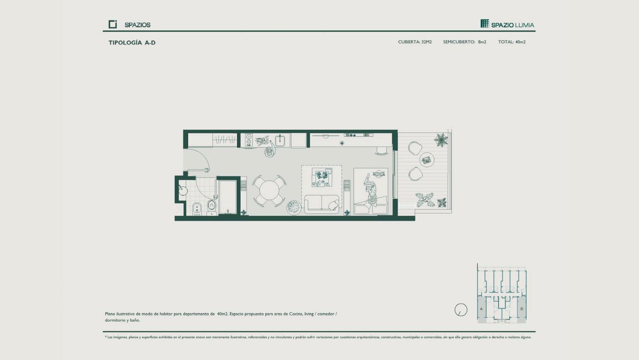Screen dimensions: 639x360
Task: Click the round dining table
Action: click(269, 190)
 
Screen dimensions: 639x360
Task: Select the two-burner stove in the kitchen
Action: click(249, 140)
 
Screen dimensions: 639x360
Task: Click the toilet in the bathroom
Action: click(211, 206)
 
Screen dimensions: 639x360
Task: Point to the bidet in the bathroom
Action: click(197, 209)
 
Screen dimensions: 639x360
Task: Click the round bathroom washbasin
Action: click(183, 191)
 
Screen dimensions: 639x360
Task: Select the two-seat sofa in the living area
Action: click(321, 204)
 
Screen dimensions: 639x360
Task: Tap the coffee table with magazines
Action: click(322, 177)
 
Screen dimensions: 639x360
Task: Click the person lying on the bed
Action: click(370, 190)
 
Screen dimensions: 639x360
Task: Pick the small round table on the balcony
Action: click(427, 160)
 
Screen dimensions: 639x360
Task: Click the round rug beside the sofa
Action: click(294, 207)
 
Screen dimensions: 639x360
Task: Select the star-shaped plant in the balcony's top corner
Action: click(441, 140)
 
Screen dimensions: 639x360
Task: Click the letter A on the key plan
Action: click(481, 309)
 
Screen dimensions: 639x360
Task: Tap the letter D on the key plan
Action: click(522, 309)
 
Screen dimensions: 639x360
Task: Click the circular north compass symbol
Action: click(461, 310)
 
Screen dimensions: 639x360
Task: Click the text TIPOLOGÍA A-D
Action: click(132, 43)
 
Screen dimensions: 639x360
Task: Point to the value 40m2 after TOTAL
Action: click(520, 42)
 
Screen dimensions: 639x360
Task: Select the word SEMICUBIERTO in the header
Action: click(459, 42)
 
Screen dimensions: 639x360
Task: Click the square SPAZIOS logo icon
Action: click(113, 24)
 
